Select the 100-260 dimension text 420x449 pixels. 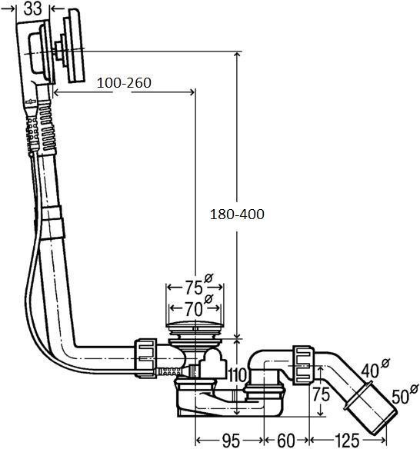123,82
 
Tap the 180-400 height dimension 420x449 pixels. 236,215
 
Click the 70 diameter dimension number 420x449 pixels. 192,310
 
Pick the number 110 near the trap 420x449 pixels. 237,375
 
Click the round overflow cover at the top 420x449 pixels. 75,46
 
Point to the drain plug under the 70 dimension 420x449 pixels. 196,331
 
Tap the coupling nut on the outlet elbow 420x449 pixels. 302,362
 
